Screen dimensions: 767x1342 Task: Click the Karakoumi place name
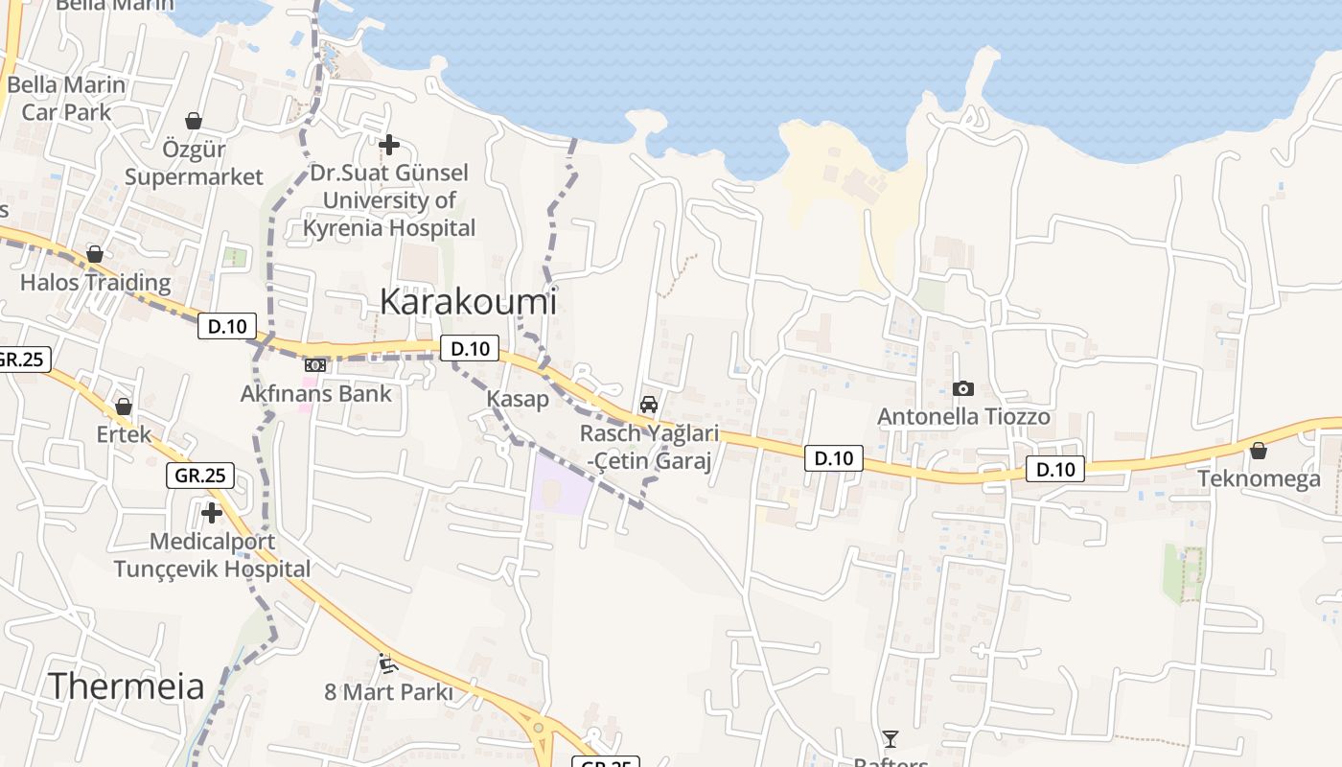[468, 301]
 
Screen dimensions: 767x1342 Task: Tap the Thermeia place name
[126, 686]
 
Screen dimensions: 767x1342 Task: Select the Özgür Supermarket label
[194, 164]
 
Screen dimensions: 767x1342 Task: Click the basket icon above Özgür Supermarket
[194, 121]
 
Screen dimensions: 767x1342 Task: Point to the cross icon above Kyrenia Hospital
[389, 145]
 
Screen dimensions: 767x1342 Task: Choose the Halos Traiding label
[95, 282]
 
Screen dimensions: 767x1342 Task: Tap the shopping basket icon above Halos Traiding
[95, 254]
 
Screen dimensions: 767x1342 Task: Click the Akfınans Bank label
[315, 393]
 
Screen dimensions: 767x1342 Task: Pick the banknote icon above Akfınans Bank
[315, 365]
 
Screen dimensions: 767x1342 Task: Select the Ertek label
[124, 434]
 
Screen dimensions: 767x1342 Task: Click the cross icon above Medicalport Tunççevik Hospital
[212, 513]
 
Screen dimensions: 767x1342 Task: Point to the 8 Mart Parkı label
[387, 691]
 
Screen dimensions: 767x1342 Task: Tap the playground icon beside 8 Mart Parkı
[387, 662]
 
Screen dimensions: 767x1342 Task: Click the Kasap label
[518, 399]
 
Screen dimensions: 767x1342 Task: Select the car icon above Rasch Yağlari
[649, 405]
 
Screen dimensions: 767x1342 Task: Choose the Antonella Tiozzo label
[963, 417]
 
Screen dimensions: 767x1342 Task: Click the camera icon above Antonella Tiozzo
[963, 388]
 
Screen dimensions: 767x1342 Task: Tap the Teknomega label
[1259, 478]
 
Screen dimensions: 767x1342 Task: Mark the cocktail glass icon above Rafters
[891, 738]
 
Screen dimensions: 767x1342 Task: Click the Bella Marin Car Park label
[66, 98]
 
